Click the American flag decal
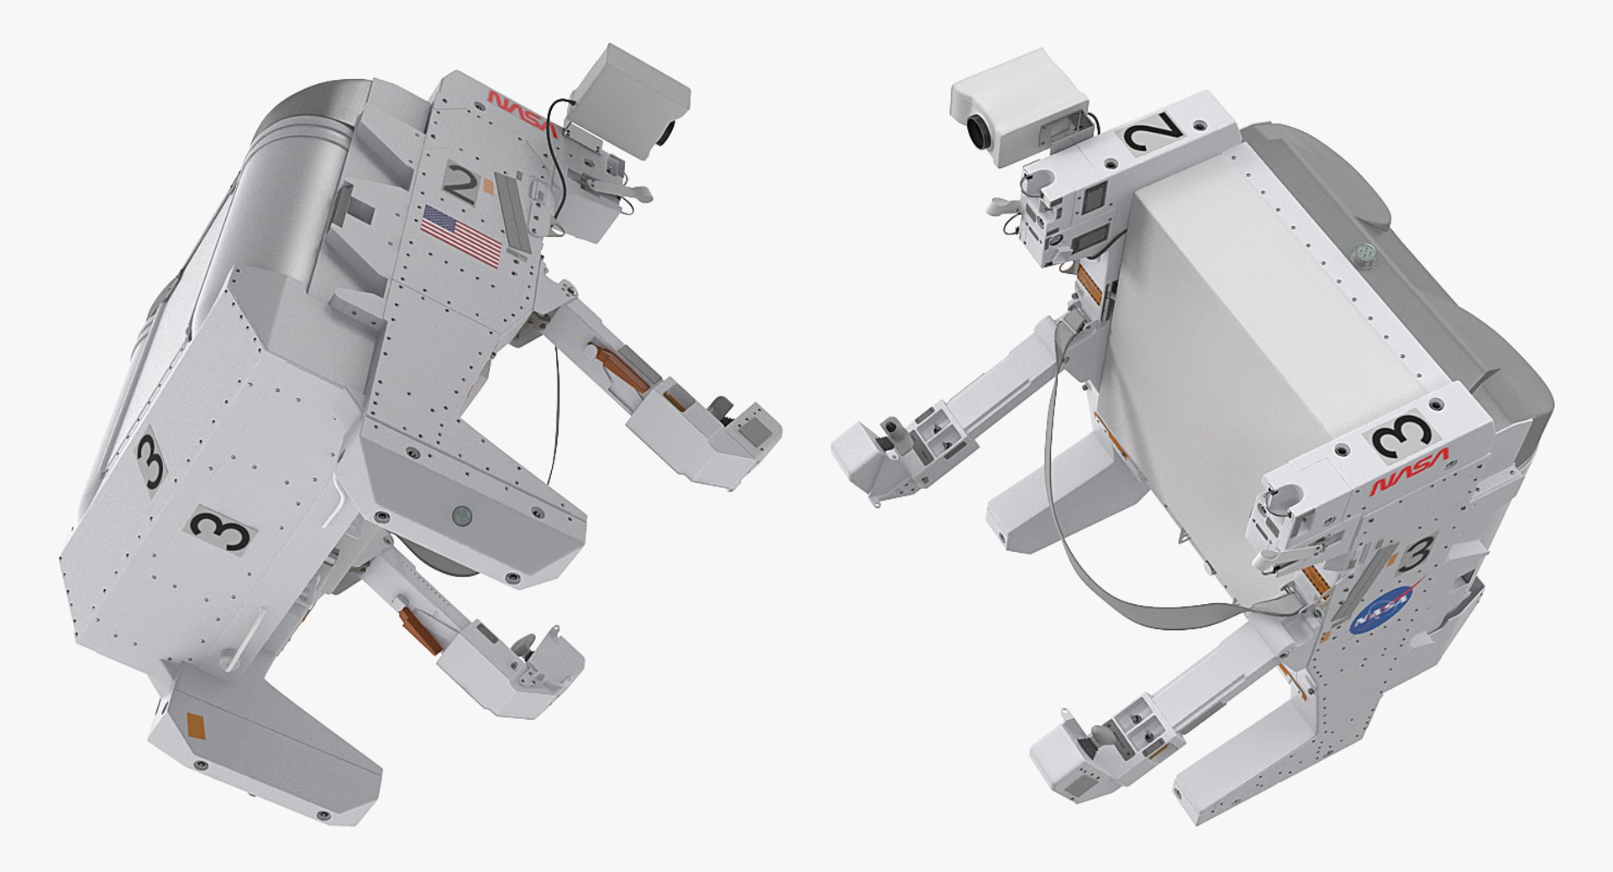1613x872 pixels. (461, 235)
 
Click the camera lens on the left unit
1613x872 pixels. (668, 132)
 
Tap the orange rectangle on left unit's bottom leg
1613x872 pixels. (195, 723)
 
